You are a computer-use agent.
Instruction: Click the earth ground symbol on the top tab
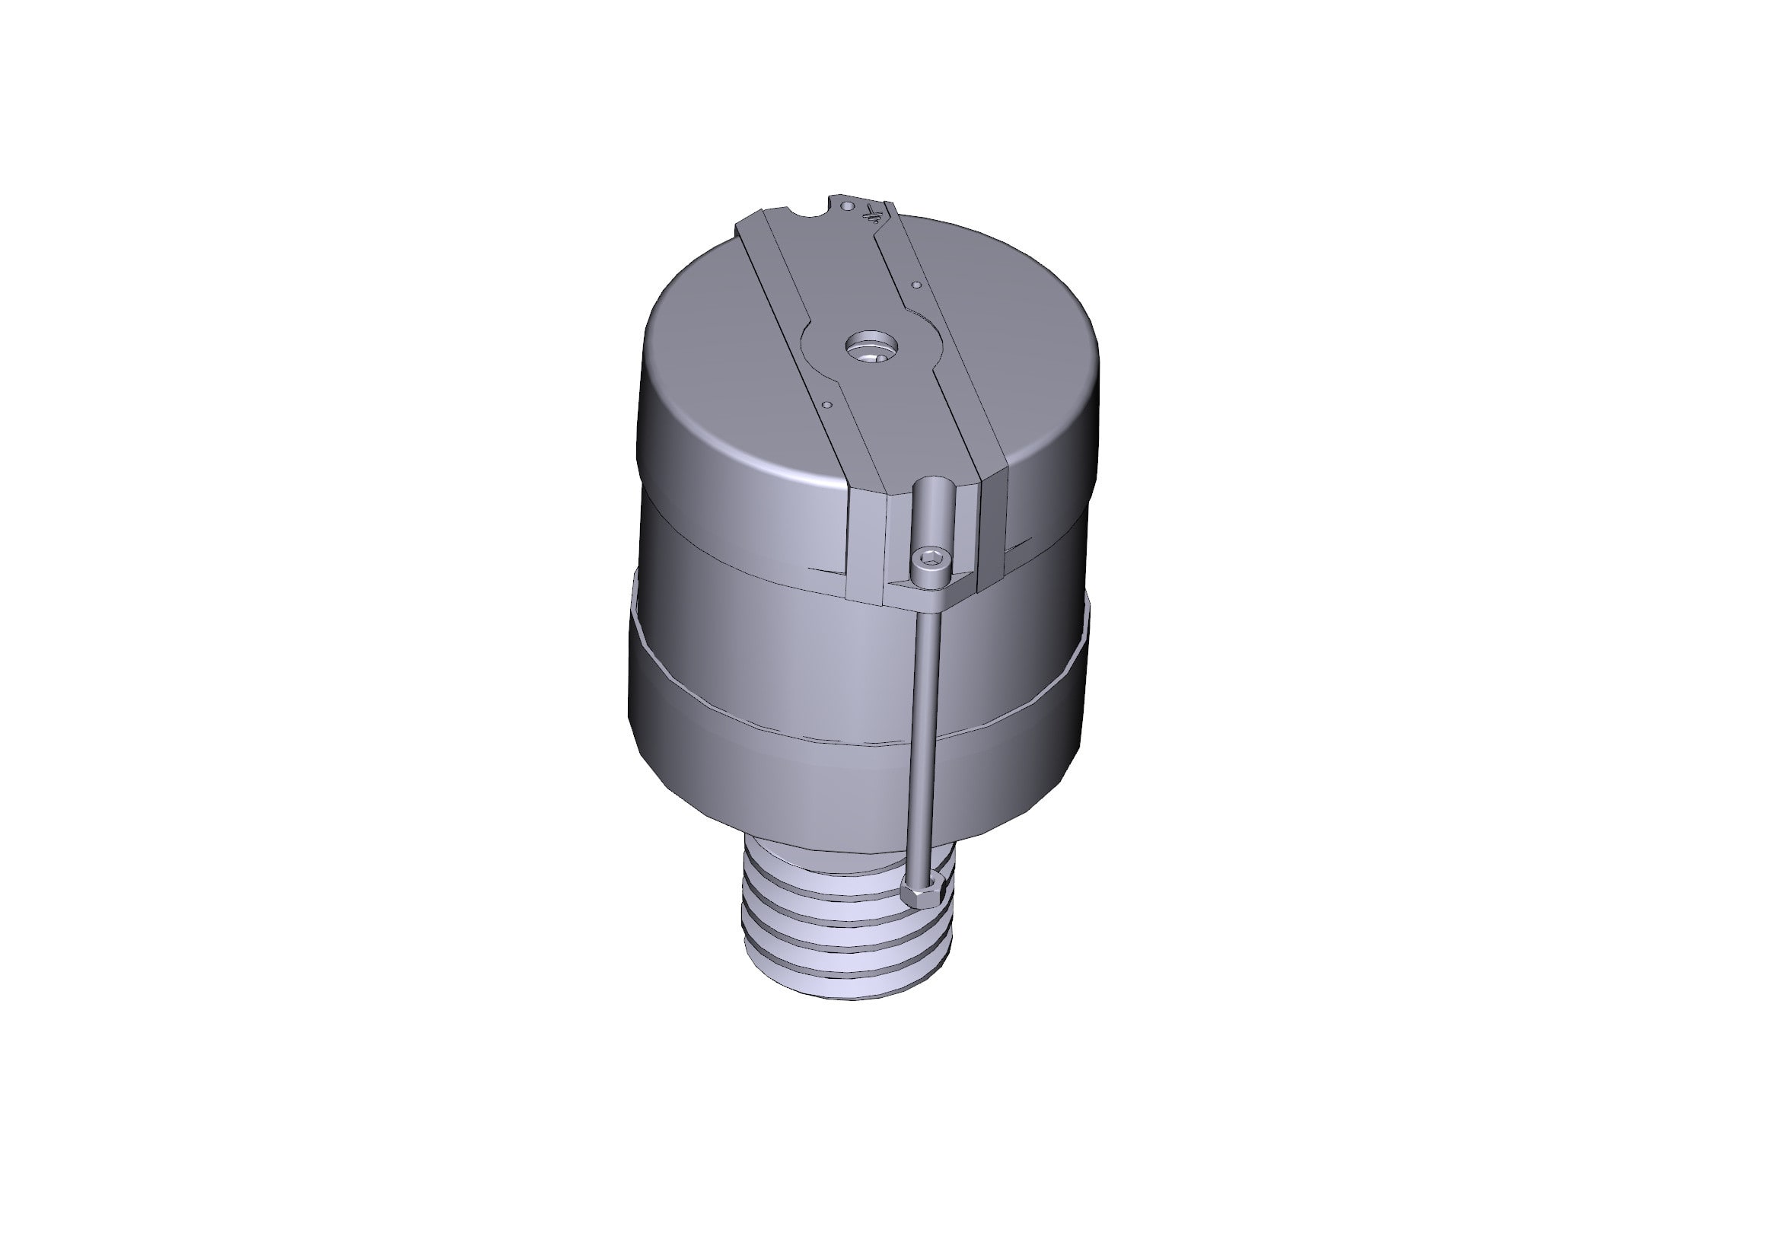point(874,213)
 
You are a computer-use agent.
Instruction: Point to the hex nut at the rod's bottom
point(923,897)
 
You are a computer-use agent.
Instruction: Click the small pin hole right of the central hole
point(916,285)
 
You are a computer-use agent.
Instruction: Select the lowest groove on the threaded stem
point(853,969)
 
